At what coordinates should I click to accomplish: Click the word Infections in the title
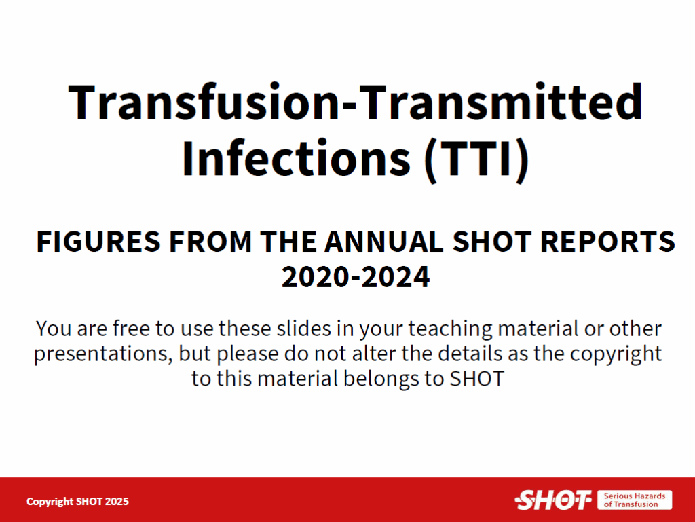pos(296,158)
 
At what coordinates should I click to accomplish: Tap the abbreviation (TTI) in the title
pos(476,160)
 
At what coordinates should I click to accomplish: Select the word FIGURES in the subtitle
pos(98,242)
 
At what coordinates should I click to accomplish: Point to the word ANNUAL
pos(384,242)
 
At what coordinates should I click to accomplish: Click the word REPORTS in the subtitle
pos(607,242)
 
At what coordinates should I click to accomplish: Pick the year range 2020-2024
pos(356,277)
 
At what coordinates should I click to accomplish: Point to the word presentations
pos(103,354)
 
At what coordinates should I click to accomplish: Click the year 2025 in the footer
pos(117,501)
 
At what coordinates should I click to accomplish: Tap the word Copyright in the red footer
pos(50,502)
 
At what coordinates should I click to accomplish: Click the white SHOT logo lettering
pos(553,500)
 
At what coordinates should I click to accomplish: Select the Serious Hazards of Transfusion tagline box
pos(635,500)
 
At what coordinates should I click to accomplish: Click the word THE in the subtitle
pos(288,242)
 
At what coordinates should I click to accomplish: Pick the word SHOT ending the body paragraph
pos(477,379)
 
